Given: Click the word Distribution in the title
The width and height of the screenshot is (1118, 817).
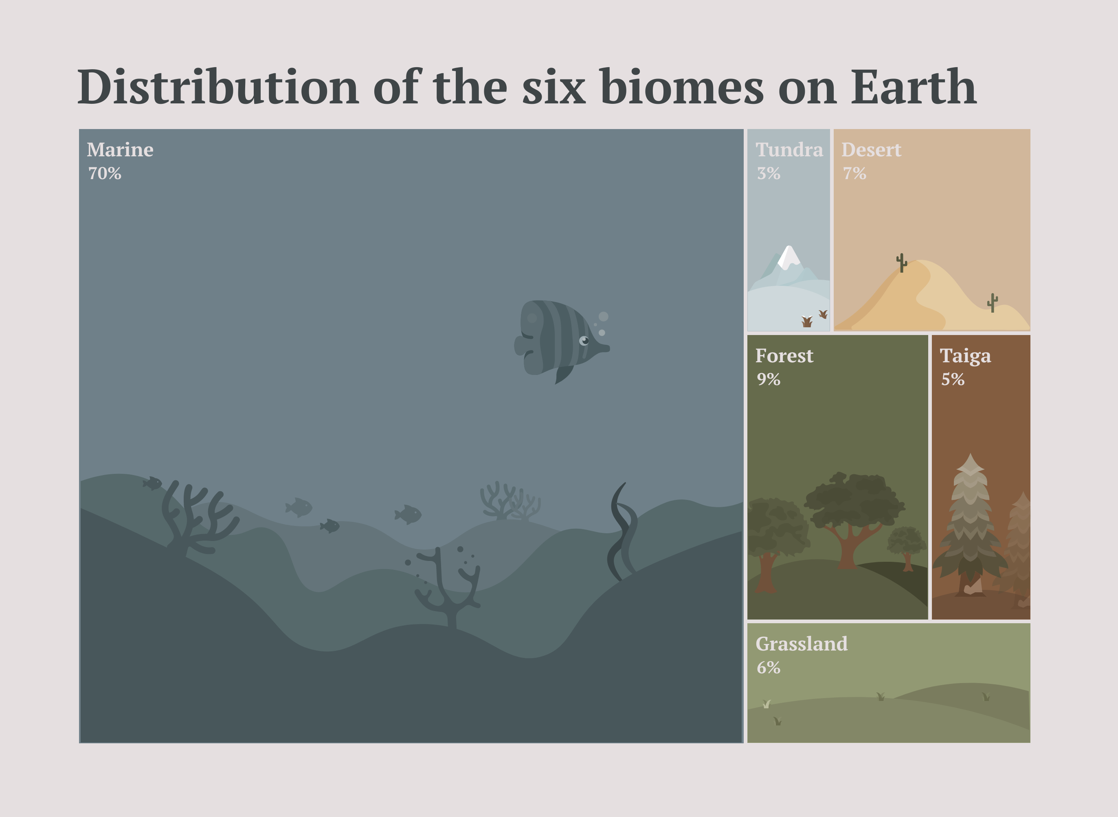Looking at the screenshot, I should (217, 88).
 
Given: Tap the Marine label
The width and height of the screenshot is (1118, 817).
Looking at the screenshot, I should (120, 150).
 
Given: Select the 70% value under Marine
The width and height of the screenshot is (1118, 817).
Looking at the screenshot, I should (105, 173).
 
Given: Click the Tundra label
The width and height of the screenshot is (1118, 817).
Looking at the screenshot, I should (789, 150).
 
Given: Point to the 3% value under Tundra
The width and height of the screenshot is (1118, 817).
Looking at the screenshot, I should (768, 173).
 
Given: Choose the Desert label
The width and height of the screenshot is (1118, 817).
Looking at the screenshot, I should (871, 150).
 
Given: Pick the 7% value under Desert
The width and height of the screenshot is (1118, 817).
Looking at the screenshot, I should (854, 173).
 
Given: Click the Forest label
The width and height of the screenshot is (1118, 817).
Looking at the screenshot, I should (784, 356).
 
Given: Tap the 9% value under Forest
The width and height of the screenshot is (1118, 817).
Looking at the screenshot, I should (768, 379).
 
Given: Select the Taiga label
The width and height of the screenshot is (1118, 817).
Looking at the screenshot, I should (965, 356).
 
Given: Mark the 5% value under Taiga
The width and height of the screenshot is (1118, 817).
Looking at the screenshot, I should (953, 379).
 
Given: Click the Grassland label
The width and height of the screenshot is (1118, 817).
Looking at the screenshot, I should (802, 644).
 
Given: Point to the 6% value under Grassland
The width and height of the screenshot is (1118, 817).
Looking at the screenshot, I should (768, 668).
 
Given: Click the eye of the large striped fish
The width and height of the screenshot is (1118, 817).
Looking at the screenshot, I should (584, 341).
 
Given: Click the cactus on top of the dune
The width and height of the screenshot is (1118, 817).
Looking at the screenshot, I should (902, 263).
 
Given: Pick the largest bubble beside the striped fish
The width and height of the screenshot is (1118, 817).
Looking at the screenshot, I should (604, 317).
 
